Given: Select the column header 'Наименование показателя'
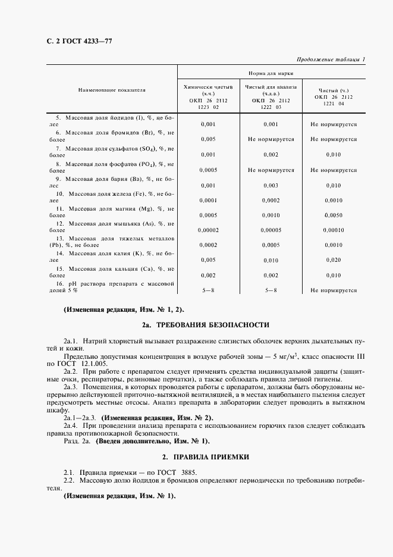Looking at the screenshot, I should (x=111, y=90).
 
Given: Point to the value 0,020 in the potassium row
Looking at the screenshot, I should (x=334, y=260).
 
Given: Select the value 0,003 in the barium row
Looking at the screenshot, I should (x=271, y=186).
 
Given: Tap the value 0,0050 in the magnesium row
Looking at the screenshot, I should (x=334, y=215).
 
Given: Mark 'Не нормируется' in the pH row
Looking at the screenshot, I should (x=334, y=290).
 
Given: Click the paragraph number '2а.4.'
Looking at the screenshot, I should (x=73, y=426).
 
